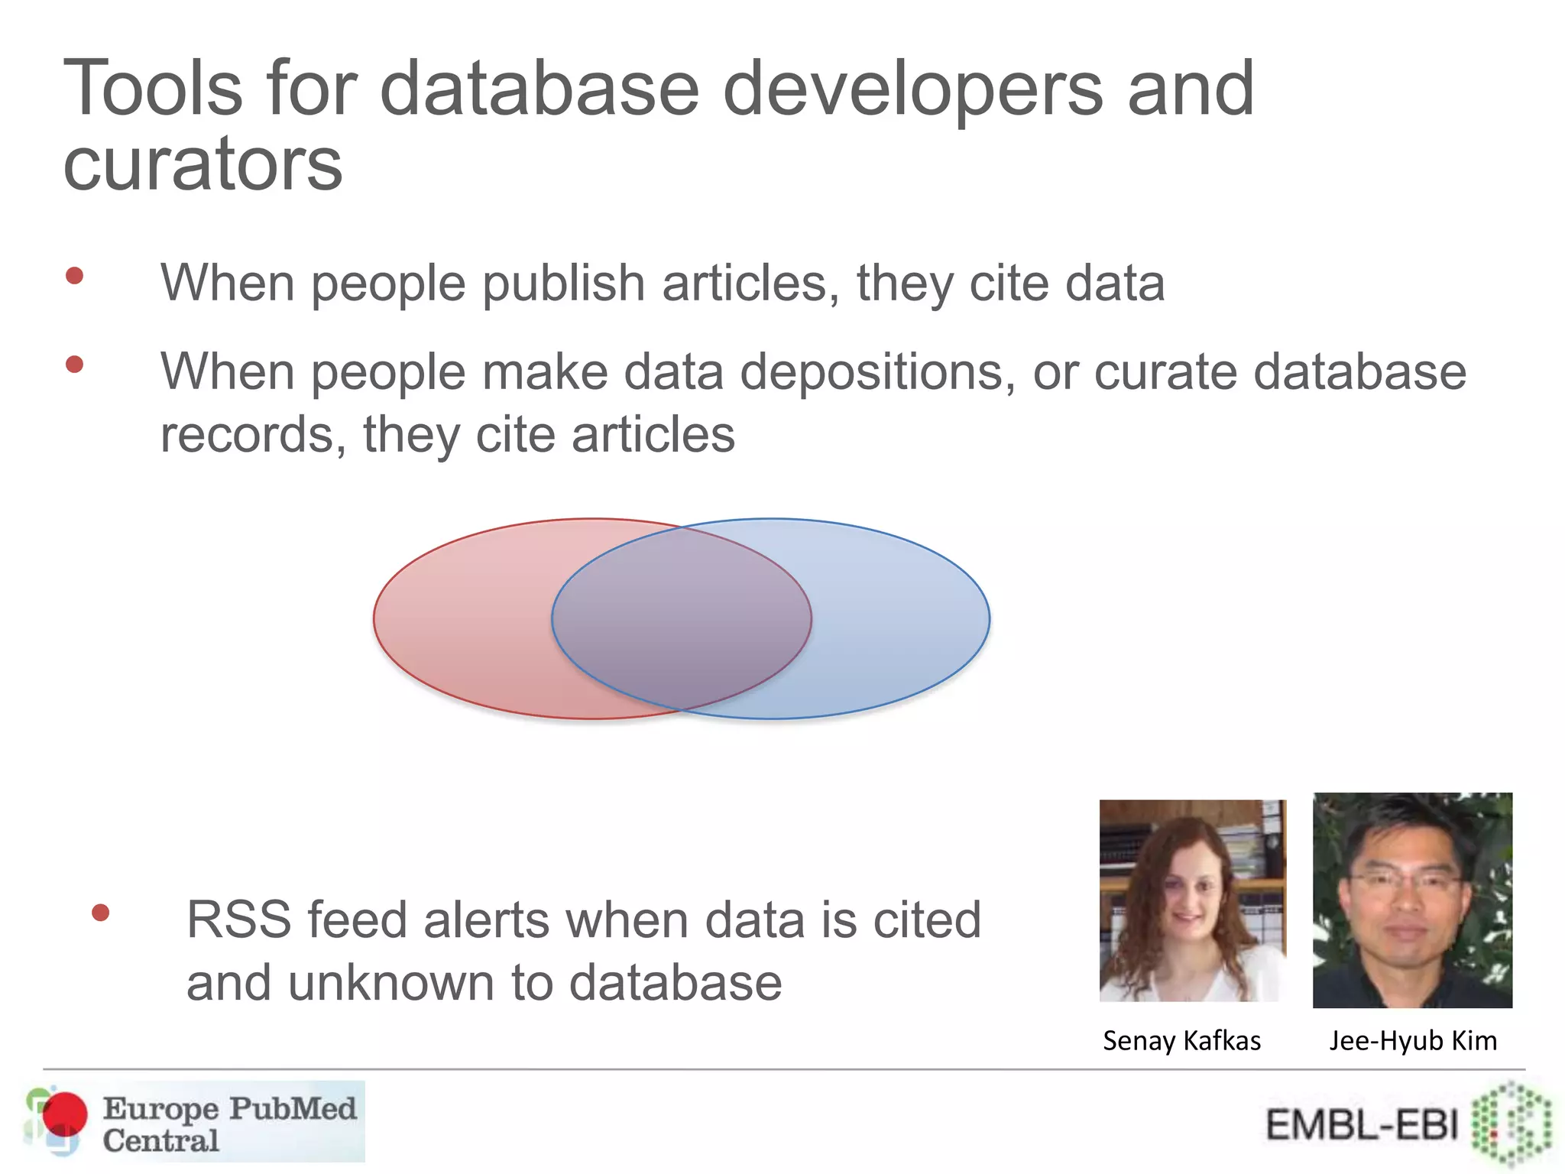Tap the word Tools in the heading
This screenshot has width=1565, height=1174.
click(153, 89)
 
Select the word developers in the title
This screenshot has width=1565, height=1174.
click(912, 90)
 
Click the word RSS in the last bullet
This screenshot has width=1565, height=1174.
click(238, 919)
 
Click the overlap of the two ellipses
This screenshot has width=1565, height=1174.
click(682, 619)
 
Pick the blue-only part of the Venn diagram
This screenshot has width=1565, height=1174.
click(902, 619)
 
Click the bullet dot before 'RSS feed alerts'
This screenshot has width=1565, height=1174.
click(100, 913)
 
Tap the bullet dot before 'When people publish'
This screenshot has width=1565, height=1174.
click(74, 276)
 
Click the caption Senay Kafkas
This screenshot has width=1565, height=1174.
click(1181, 1041)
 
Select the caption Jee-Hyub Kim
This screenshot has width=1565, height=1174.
click(1412, 1041)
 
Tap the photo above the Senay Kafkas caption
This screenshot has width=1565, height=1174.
click(1192, 900)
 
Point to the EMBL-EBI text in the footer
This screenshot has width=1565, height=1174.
click(1362, 1125)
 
